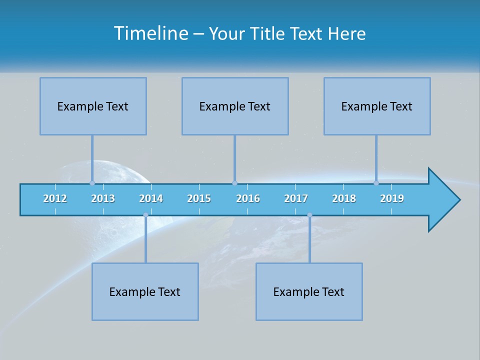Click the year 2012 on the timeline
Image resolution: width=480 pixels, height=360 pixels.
click(x=55, y=198)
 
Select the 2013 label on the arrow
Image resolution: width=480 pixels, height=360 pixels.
click(x=103, y=198)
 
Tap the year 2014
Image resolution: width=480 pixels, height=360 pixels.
click(x=151, y=198)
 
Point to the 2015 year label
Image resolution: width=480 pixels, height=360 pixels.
click(x=199, y=198)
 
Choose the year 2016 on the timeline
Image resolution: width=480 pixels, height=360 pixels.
click(x=248, y=198)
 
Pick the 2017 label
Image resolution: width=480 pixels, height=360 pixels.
click(x=296, y=198)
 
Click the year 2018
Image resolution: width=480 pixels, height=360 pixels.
click(x=344, y=198)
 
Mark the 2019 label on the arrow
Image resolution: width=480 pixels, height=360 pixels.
click(x=392, y=198)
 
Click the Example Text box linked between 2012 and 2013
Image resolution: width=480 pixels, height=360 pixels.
click(x=93, y=106)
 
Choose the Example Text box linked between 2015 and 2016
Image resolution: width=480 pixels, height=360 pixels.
click(x=235, y=106)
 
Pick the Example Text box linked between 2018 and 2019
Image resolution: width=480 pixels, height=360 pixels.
click(x=377, y=106)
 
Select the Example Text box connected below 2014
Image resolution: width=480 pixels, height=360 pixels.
click(x=145, y=291)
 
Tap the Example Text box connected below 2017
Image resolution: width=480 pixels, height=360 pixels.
click(x=309, y=291)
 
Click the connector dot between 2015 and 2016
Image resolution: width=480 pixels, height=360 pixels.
click(x=235, y=183)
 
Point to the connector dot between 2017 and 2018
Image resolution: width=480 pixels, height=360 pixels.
click(x=309, y=215)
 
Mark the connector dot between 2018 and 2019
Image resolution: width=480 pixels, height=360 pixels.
click(x=376, y=183)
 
